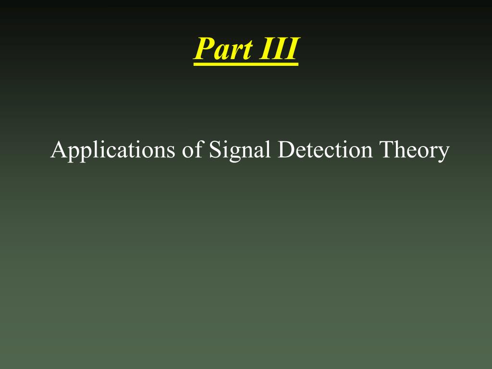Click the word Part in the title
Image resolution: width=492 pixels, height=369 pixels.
tap(223, 49)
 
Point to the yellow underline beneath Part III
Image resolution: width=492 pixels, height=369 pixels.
tap(246, 64)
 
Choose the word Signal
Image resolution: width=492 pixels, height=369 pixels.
tap(240, 150)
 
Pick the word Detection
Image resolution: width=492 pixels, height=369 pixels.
tap(325, 149)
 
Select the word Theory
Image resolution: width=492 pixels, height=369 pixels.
tap(415, 150)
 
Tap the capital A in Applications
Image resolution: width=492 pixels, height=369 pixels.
tap(58, 149)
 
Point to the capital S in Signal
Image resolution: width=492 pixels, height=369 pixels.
tap(215, 149)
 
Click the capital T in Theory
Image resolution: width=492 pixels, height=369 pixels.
tap(387, 149)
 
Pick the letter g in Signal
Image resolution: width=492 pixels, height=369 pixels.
tap(234, 154)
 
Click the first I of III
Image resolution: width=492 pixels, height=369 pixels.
tap(266, 49)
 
